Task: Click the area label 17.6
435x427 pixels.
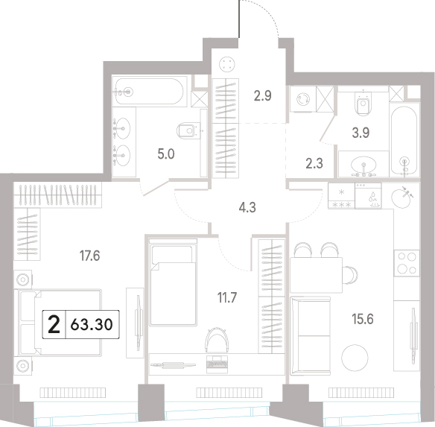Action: [89, 256]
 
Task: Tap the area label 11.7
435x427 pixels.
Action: [227, 297]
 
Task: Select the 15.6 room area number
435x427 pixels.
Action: [363, 319]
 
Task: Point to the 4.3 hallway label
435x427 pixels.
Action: [247, 207]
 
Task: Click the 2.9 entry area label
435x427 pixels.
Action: [262, 96]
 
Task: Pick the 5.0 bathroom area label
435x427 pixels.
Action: [166, 154]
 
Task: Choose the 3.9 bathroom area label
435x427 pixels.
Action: [361, 133]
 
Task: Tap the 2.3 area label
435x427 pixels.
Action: [314, 163]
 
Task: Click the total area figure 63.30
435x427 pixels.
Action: [92, 325]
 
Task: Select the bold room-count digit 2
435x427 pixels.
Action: [54, 325]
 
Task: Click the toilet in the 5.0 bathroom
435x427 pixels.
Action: [188, 130]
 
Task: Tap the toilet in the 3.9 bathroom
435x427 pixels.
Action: [363, 103]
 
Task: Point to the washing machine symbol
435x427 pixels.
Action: [303, 99]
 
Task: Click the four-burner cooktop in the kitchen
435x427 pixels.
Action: [407, 262]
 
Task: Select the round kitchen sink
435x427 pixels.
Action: [401, 197]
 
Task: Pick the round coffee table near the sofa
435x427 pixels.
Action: [355, 358]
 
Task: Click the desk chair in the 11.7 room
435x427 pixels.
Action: [217, 340]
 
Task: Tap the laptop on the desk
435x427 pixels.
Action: [217, 364]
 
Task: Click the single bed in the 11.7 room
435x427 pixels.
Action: [173, 282]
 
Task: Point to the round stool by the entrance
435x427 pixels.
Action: [227, 64]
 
